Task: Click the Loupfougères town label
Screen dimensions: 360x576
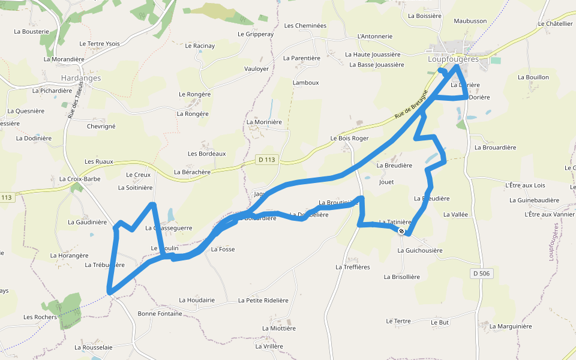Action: click(x=453, y=59)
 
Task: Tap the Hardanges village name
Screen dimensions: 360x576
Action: click(x=81, y=78)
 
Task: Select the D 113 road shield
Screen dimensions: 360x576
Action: click(x=268, y=160)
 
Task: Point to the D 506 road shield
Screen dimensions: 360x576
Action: click(x=481, y=274)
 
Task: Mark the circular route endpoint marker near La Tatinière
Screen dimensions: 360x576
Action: click(x=401, y=231)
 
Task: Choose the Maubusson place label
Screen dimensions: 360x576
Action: click(x=470, y=21)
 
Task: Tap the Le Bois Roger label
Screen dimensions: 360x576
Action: click(x=349, y=138)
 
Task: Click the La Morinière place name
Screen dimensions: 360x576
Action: click(x=264, y=122)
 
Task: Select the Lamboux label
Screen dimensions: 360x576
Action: click(x=305, y=82)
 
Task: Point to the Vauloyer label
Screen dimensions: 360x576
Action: click(x=256, y=69)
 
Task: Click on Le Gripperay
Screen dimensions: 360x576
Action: click(x=256, y=34)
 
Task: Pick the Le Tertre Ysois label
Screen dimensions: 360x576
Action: click(x=100, y=44)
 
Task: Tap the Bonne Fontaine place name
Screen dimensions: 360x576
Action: click(x=160, y=314)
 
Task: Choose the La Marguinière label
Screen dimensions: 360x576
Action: click(x=511, y=326)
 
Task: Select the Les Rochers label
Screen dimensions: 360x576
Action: click(x=40, y=317)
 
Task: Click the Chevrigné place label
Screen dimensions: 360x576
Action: click(x=101, y=127)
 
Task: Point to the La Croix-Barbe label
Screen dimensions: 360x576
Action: click(x=80, y=179)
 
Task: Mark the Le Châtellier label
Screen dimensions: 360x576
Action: click(x=556, y=24)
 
